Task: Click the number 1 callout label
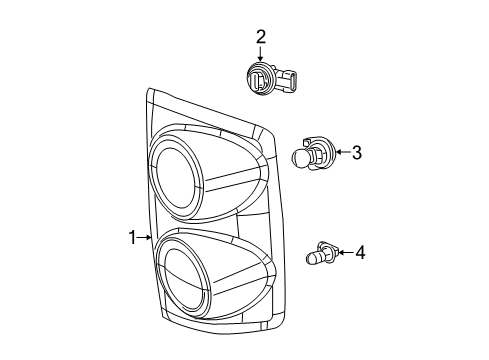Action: (132, 237)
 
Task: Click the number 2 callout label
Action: (261, 37)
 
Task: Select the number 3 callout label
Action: (355, 153)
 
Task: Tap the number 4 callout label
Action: (360, 253)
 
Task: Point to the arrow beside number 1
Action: (146, 237)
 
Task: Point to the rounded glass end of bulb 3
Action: (298, 156)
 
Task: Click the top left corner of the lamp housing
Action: (150, 92)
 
